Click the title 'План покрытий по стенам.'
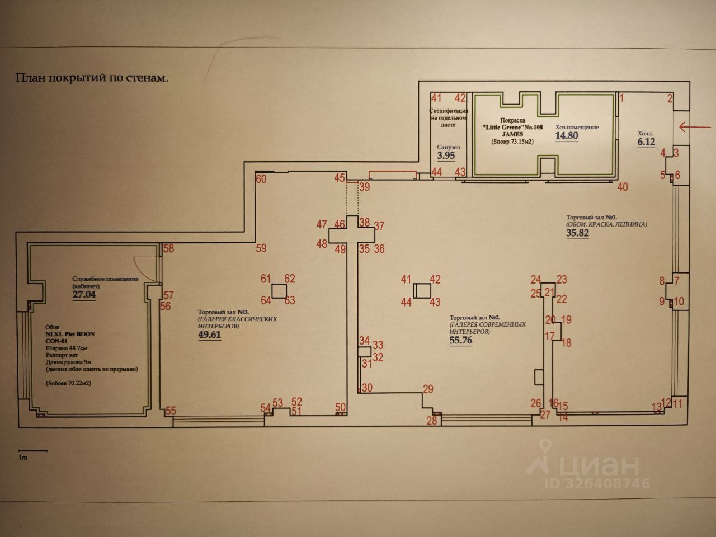pyautogui.click(x=92, y=78)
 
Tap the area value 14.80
pyautogui.click(x=566, y=136)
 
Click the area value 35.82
pyautogui.click(x=578, y=234)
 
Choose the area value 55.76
pyautogui.click(x=461, y=340)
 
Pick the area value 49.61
pyautogui.click(x=210, y=335)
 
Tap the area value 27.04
pyautogui.click(x=84, y=294)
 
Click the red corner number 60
pyautogui.click(x=261, y=180)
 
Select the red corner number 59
pyautogui.click(x=261, y=248)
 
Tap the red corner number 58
pyautogui.click(x=168, y=248)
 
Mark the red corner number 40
pyautogui.click(x=622, y=187)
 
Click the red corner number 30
pyautogui.click(x=367, y=388)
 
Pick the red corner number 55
pyautogui.click(x=171, y=411)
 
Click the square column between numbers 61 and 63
pyautogui.click(x=279, y=290)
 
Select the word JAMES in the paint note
pyautogui.click(x=512, y=134)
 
